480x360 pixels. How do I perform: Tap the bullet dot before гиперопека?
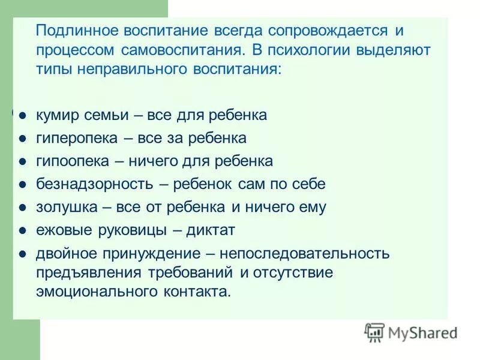pyautogui.click(x=22, y=139)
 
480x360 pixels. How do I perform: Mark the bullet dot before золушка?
pyautogui.click(x=22, y=208)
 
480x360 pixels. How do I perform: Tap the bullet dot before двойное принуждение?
pyautogui.click(x=22, y=254)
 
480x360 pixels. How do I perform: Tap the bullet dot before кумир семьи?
pyautogui.click(x=22, y=115)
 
